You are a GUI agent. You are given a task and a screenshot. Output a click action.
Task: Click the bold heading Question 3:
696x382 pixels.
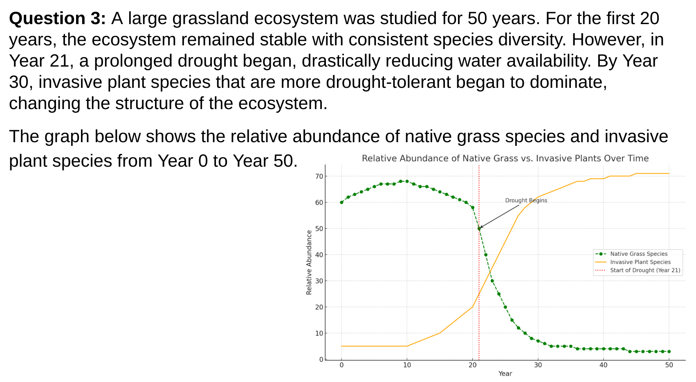pos(58,18)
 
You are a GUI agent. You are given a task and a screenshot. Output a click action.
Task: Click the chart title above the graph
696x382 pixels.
pos(505,159)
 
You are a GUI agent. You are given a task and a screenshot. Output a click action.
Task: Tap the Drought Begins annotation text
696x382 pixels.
pos(526,201)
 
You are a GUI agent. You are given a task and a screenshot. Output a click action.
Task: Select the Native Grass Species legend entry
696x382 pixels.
pos(638,254)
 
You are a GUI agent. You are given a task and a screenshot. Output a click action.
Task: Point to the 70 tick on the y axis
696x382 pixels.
pos(319,176)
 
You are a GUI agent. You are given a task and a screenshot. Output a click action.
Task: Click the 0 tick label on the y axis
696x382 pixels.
pos(321,360)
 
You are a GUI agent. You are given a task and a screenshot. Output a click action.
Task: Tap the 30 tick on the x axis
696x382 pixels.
pos(538,365)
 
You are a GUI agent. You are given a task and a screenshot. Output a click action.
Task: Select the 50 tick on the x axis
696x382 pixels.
pos(669,365)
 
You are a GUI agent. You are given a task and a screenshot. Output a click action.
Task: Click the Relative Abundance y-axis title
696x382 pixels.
pos(309,263)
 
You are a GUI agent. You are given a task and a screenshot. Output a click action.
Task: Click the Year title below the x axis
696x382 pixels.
pos(505,373)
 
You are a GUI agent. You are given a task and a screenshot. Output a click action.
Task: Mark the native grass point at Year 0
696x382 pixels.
pos(341,202)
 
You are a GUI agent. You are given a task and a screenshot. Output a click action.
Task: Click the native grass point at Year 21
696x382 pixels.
pos(479,228)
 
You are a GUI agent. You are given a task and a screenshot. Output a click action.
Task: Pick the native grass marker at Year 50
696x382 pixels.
pos(669,352)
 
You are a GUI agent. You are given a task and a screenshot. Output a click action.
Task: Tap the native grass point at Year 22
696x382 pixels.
pos(486,255)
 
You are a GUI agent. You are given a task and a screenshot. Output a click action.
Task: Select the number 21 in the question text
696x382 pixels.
pos(59,61)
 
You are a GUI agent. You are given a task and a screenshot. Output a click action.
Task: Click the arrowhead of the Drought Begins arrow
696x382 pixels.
pos(480,228)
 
